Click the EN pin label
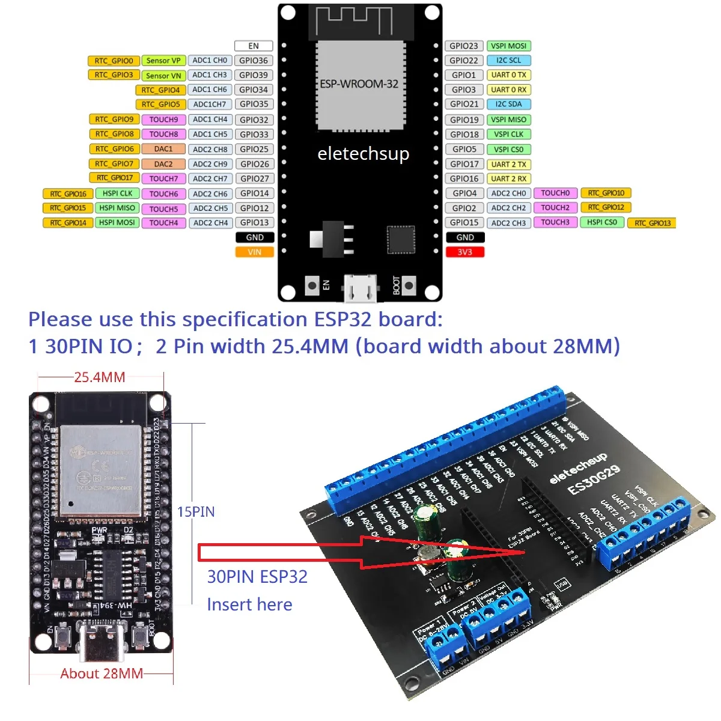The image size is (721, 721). (254, 46)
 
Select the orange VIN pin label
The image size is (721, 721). (255, 252)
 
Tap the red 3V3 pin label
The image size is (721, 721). (465, 252)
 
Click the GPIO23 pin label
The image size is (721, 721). (464, 46)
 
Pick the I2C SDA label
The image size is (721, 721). (508, 104)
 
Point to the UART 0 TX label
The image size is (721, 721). (508, 75)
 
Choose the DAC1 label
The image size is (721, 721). (163, 149)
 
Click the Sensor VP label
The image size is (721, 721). (163, 61)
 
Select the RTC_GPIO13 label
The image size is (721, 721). (652, 223)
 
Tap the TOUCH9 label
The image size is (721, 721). (163, 120)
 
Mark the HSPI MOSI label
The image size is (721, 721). (117, 222)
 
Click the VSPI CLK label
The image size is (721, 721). (508, 135)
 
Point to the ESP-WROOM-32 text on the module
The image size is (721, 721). (359, 84)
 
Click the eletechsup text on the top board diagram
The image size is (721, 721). (363, 154)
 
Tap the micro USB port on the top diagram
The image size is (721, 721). (360, 288)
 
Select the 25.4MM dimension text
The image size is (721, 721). (100, 377)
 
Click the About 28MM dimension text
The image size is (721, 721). (102, 674)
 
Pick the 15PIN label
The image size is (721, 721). (196, 512)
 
